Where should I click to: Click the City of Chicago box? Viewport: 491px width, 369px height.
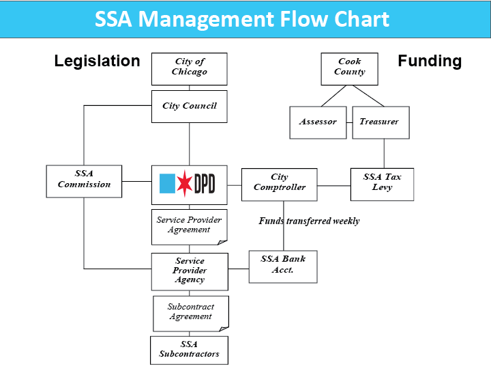point(189,67)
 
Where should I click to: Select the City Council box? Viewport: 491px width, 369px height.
point(189,106)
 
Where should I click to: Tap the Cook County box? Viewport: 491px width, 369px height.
point(349,66)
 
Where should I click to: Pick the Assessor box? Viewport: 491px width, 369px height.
point(318,122)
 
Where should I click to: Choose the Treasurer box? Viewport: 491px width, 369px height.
point(381,122)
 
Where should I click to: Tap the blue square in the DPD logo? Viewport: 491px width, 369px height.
point(167,184)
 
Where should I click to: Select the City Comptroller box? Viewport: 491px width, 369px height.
point(279,183)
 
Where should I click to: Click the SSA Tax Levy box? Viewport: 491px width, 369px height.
point(382,182)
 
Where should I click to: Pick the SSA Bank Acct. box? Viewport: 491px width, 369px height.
point(283,265)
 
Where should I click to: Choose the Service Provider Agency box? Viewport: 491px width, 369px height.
point(189,271)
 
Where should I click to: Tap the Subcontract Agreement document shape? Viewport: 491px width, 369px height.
point(190,312)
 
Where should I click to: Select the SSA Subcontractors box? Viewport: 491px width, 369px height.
point(189,350)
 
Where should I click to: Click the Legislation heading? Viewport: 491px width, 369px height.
point(97,61)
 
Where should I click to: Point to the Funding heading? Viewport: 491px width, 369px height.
point(430,61)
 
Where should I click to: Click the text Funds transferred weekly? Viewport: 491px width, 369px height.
point(309,221)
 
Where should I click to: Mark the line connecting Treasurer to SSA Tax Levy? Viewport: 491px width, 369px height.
point(384,153)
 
